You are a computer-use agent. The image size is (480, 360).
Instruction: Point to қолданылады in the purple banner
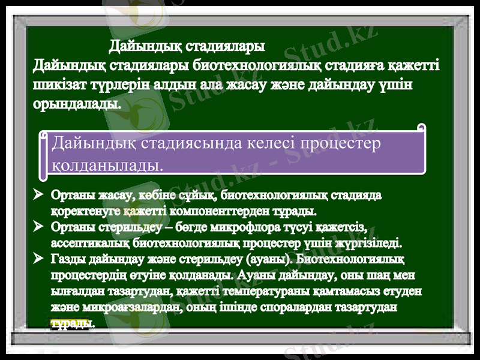click(x=108, y=163)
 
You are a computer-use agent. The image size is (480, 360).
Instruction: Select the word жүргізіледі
click(x=371, y=244)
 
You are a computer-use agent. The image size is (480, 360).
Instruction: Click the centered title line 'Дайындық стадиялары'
click(x=187, y=46)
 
